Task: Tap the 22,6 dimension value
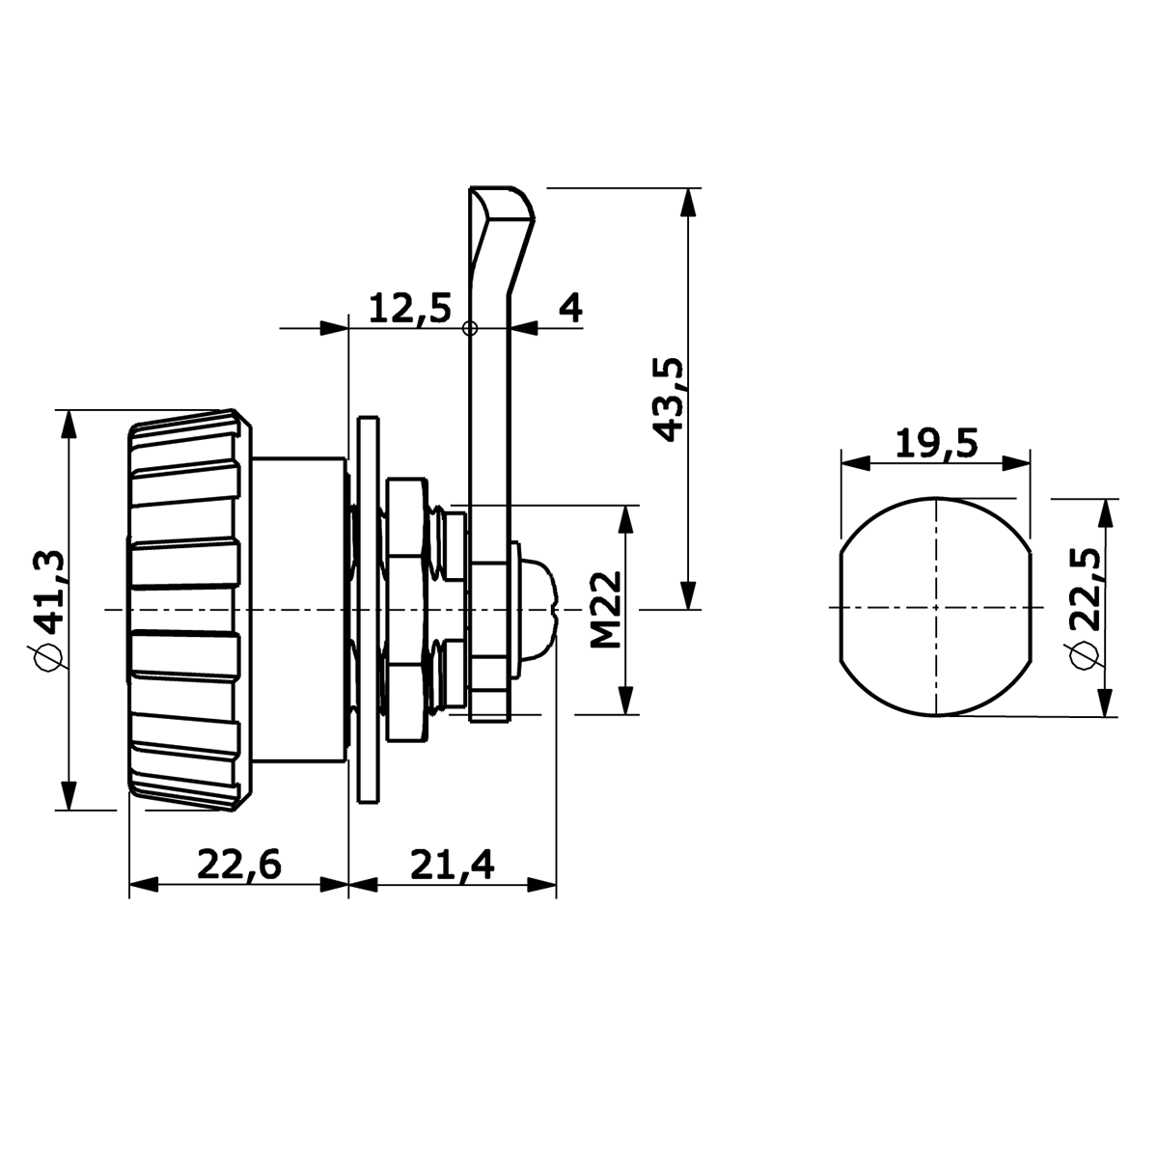[x=239, y=865]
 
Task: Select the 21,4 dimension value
[x=453, y=865]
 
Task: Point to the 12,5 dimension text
[x=410, y=308]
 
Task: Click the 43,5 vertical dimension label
[x=668, y=400]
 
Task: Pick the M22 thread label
[x=605, y=609]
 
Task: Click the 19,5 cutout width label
[x=937, y=443]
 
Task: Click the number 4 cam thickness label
[x=570, y=308]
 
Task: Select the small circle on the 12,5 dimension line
[x=470, y=328]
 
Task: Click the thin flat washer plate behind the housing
[x=369, y=609]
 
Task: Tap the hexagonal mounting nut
[x=407, y=609]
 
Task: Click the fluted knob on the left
[x=189, y=610]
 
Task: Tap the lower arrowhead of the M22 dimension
[x=626, y=701]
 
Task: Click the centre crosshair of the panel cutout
[x=936, y=607]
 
